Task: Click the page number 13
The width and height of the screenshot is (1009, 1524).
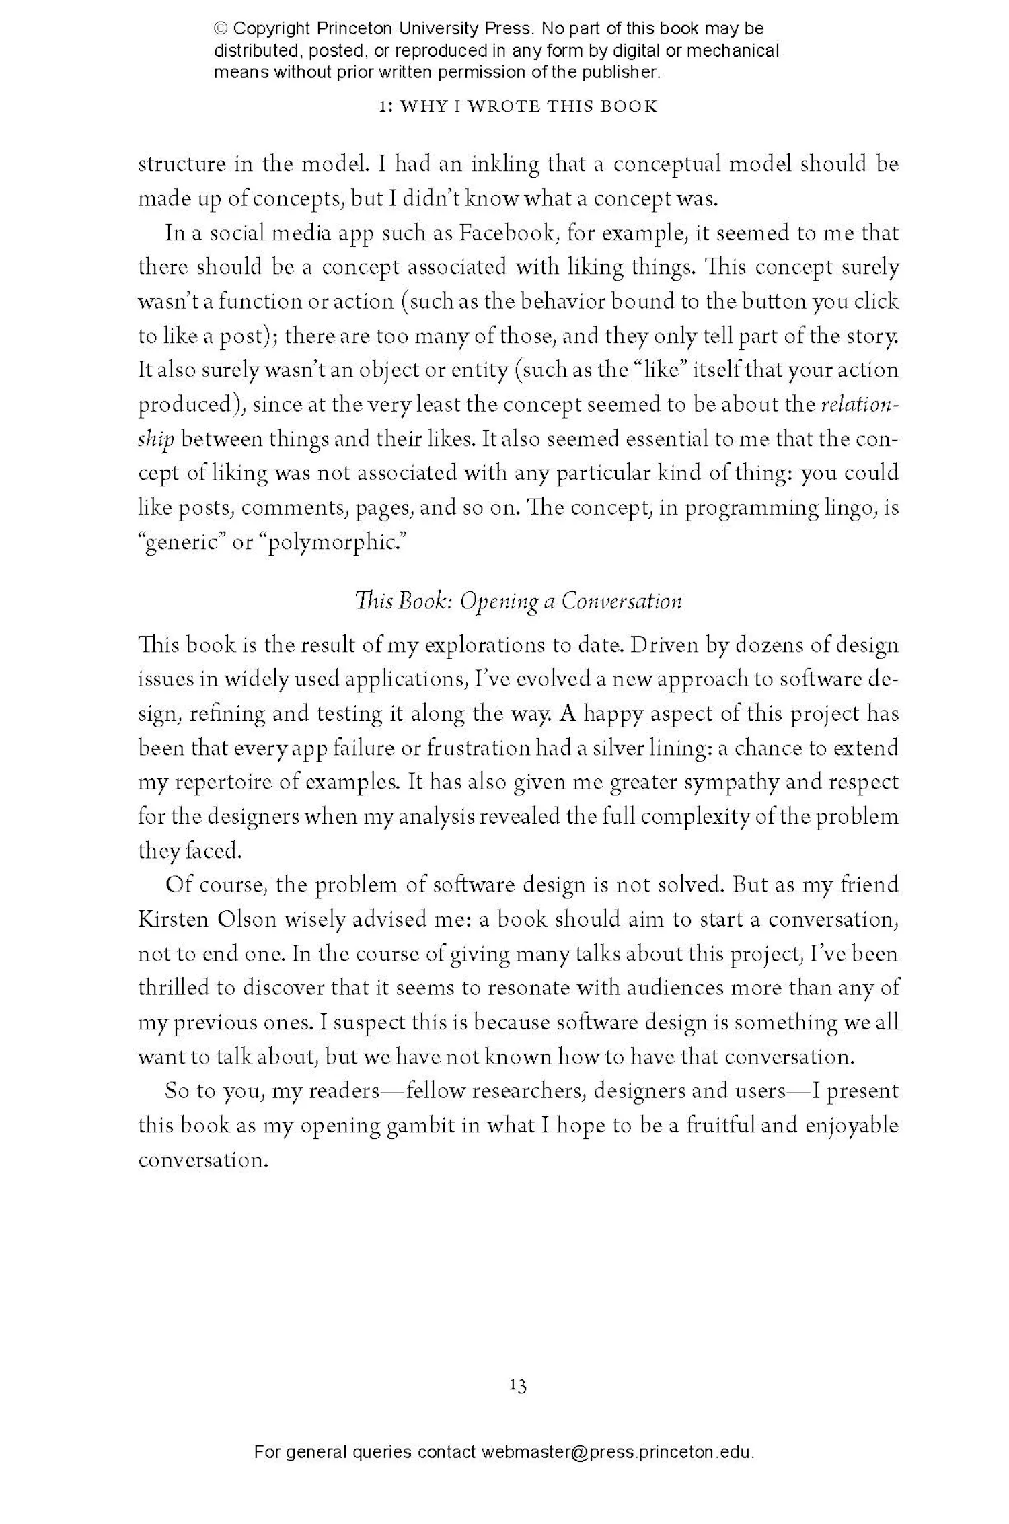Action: coord(517,1385)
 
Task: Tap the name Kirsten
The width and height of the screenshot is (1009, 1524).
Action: coord(173,919)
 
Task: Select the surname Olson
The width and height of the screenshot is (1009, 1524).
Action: coord(248,919)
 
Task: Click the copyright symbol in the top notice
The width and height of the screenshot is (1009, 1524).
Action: coord(221,29)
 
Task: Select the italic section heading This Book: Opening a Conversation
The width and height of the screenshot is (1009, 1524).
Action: coord(518,601)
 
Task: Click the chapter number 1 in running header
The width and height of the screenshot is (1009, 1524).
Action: coord(383,107)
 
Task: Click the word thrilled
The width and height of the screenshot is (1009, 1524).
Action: coord(173,988)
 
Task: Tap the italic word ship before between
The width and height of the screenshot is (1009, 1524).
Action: coord(156,440)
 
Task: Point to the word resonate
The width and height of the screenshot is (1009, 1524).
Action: coord(525,988)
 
